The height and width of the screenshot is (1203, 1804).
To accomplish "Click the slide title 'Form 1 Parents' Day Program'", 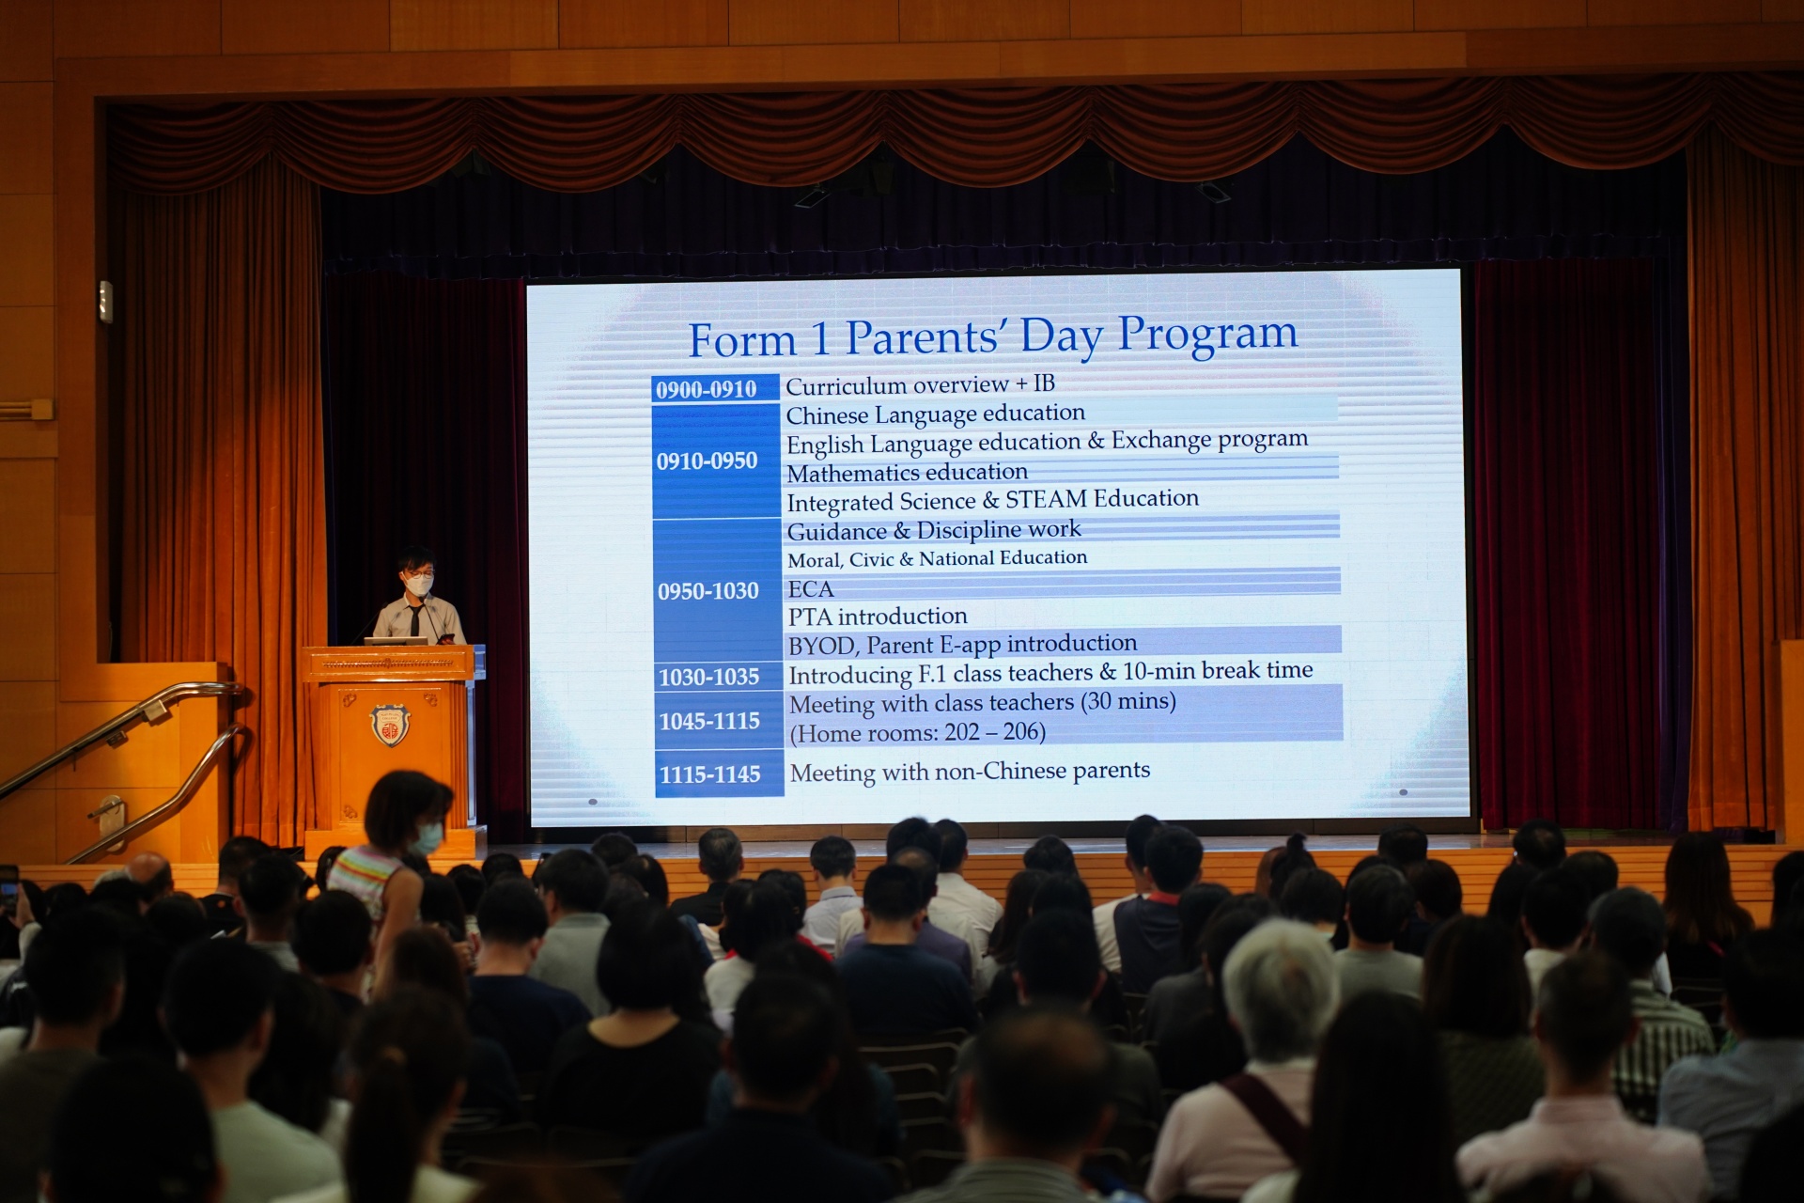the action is click(x=993, y=336).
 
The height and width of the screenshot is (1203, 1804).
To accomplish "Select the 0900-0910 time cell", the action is click(x=715, y=388).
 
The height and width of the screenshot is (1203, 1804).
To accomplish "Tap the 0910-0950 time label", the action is click(x=707, y=461).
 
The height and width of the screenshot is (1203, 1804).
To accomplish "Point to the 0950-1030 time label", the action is click(x=708, y=591).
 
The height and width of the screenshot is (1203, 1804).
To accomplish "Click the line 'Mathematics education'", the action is click(x=907, y=473).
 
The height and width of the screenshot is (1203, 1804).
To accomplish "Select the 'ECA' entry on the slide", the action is click(x=811, y=589).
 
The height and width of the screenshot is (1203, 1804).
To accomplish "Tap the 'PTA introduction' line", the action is click(x=878, y=617).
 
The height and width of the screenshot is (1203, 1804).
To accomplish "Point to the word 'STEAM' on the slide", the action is click(x=1046, y=499).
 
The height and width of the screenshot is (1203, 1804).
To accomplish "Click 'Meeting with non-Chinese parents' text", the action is click(x=970, y=772).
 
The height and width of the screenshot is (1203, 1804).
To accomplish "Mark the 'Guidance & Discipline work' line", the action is click(x=934, y=530).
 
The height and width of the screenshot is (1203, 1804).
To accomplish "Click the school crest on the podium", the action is click(x=389, y=726).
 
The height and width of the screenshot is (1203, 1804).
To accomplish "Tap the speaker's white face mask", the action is click(x=419, y=585).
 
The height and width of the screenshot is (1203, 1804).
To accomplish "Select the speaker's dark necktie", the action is click(x=414, y=621).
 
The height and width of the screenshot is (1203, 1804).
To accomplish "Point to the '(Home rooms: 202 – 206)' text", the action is click(x=917, y=732).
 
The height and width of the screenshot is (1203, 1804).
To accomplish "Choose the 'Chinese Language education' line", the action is click(x=935, y=414).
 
